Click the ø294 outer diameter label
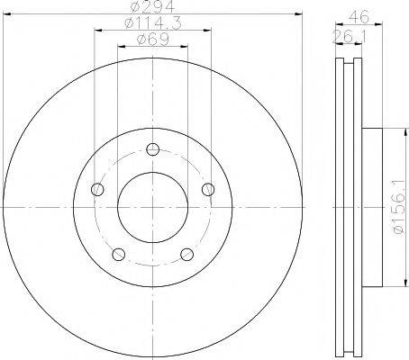click(x=152, y=6)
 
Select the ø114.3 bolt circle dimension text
click(x=153, y=23)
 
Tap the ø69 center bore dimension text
click(x=153, y=40)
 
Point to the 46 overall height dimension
click(x=359, y=17)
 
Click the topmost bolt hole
click(x=153, y=149)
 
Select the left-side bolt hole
click(x=97, y=189)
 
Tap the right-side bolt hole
click(x=208, y=190)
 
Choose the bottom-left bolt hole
click(x=118, y=255)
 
